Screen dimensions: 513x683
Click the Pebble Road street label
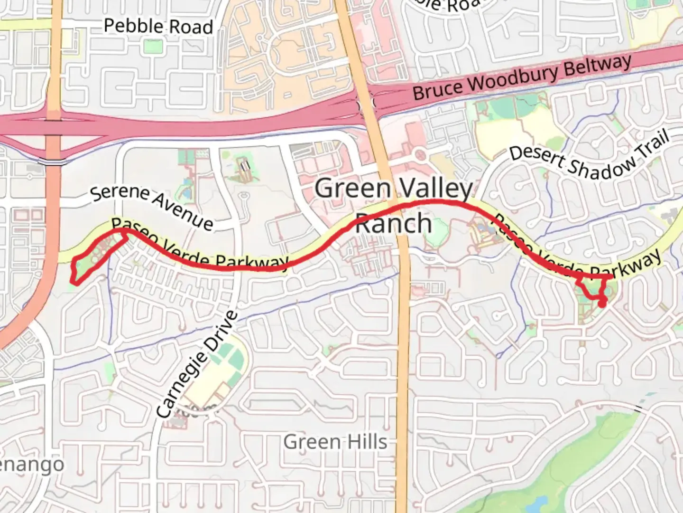coord(158,26)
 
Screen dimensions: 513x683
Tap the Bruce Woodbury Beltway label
coord(522,77)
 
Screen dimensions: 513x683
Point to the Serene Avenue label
coord(152,207)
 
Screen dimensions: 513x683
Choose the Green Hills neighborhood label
coord(335,442)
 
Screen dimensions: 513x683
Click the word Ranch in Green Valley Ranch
coord(393,223)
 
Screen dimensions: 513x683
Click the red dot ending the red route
coord(601,304)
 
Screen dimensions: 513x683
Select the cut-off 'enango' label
coord(31,465)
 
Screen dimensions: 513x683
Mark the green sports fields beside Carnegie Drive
coord(228,363)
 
